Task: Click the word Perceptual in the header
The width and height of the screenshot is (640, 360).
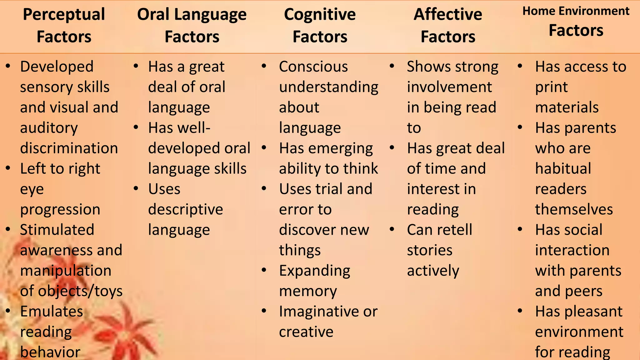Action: pyautogui.click(x=64, y=15)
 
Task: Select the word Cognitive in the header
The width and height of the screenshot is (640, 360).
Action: pyautogui.click(x=320, y=15)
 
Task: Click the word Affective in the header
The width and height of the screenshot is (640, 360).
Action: pyautogui.click(x=448, y=15)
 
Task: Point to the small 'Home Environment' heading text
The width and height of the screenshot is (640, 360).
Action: pyautogui.click(x=576, y=11)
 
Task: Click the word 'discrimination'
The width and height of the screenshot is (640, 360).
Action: pyautogui.click(x=69, y=148)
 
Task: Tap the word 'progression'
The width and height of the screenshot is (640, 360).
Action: pyautogui.click(x=60, y=209)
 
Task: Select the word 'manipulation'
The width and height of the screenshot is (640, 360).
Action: pyautogui.click(x=66, y=271)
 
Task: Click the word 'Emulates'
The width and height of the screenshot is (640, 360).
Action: pyautogui.click(x=52, y=311)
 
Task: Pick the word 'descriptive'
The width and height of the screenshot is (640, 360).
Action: pyautogui.click(x=186, y=209)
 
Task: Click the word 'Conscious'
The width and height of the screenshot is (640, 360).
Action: pyautogui.click(x=313, y=67)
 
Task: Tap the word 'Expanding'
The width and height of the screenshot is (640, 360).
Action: pyautogui.click(x=315, y=271)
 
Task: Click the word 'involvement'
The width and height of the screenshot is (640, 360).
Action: pyautogui.click(x=449, y=87)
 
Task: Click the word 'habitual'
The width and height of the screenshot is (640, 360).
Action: pyautogui.click(x=563, y=168)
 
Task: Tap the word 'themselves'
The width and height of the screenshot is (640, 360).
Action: pyautogui.click(x=574, y=209)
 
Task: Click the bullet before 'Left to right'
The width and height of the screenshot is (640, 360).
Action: pyautogui.click(x=8, y=168)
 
